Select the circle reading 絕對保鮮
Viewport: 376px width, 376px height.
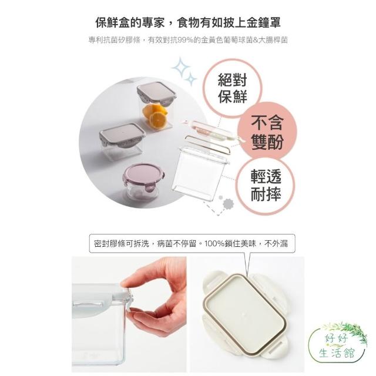click(233, 88)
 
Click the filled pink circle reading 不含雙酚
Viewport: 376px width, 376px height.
click(267, 132)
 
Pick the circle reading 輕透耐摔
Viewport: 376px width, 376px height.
click(266, 186)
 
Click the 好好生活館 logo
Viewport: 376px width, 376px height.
click(338, 345)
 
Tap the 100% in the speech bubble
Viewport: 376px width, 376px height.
click(213, 244)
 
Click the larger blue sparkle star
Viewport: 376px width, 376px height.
click(180, 68)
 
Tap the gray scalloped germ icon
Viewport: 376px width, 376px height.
click(229, 204)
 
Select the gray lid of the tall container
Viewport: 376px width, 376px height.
click(157, 92)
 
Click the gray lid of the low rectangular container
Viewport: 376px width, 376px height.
click(122, 135)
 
